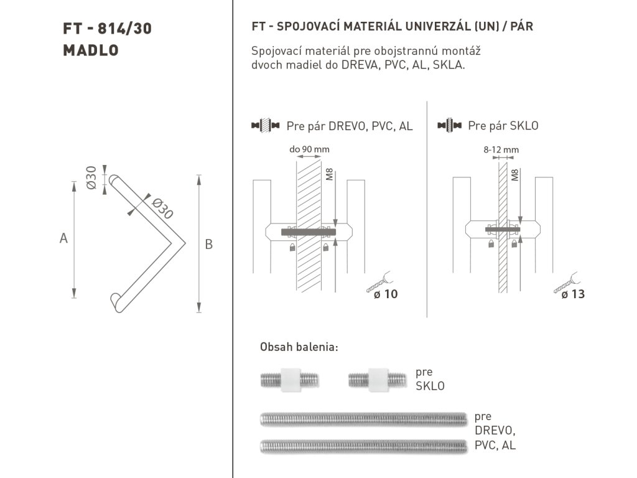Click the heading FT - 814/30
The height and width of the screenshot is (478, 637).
pos(107,29)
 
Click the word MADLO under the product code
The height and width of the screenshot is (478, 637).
pos(91,50)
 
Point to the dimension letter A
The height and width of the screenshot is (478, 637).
pos(63,238)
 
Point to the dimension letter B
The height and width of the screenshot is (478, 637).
pos(209,244)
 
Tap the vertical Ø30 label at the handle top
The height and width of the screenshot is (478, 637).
pos(91,177)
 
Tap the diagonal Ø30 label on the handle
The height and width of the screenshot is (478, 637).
pos(162,209)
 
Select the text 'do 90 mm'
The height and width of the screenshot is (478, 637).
pos(309,149)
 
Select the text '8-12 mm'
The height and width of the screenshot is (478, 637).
pos(501,149)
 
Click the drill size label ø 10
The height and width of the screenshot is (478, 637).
pos(386,294)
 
